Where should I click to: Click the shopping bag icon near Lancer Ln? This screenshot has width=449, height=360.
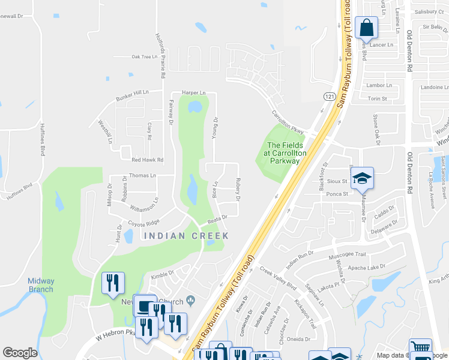pos(366,27)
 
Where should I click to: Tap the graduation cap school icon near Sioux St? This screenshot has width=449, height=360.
pos(362,178)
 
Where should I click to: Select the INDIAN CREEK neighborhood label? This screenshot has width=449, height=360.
pos(187,236)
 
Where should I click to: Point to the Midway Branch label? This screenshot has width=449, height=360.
pos(41,285)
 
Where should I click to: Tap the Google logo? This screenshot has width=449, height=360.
pos(20,353)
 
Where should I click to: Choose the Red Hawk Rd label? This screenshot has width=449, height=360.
pos(148,160)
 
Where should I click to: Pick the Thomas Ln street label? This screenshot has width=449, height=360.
pos(142,175)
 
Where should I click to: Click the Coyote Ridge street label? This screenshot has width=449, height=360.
pos(143,222)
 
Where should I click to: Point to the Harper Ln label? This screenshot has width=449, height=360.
pos(193,93)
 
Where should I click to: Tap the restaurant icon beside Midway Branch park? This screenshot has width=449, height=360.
pos(113,283)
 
